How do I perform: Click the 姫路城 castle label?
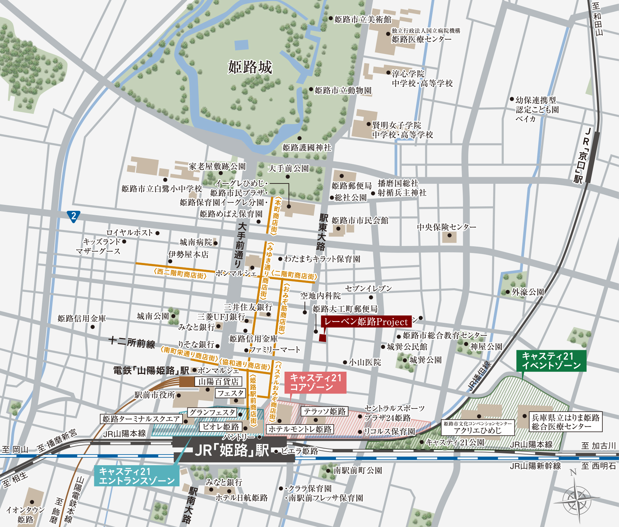tap(250, 67)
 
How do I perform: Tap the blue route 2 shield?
tap(74, 216)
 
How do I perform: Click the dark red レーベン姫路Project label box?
tap(366, 322)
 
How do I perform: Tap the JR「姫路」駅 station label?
tap(232, 450)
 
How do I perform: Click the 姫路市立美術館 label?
tap(363, 19)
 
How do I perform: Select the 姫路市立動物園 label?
tap(343, 90)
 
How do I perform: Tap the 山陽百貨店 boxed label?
tap(218, 382)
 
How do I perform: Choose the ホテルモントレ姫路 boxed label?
tap(300, 429)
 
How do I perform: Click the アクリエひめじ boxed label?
tap(477, 430)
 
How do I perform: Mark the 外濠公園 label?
tap(527, 292)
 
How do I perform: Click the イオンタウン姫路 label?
tap(25, 514)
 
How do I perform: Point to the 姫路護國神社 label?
tap(307, 148)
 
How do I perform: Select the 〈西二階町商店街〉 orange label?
tap(180, 274)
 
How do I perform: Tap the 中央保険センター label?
tap(446, 227)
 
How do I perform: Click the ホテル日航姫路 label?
tap(241, 498)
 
